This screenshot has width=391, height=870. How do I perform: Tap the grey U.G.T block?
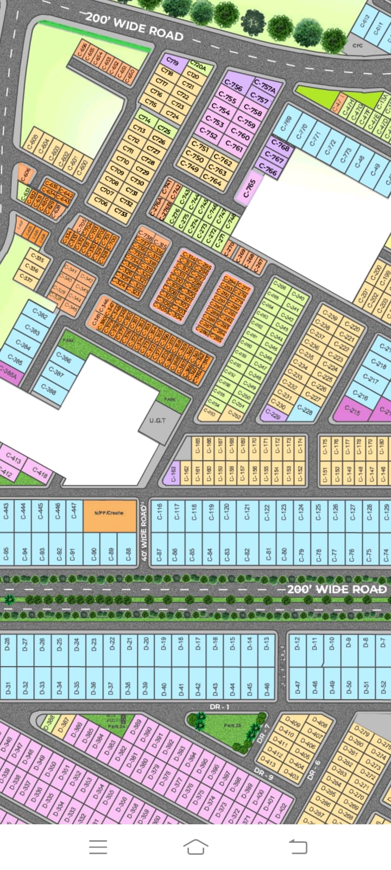(x=157, y=421)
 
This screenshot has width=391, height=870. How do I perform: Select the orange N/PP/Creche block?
(x=109, y=515)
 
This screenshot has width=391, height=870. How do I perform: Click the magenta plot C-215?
(x=352, y=410)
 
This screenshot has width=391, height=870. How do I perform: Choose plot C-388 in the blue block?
(x=48, y=390)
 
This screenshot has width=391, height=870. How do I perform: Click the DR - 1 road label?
(x=220, y=706)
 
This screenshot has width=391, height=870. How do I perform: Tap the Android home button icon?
(x=195, y=847)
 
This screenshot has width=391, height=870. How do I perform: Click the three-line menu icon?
(x=98, y=847)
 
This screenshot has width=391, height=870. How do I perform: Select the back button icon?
(x=298, y=847)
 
